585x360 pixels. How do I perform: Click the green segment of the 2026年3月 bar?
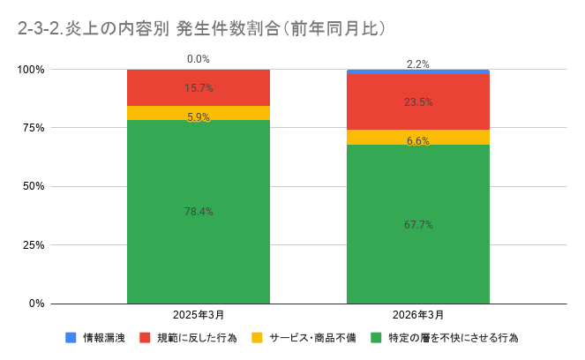(417, 256)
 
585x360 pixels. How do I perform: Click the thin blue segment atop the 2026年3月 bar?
(417, 71)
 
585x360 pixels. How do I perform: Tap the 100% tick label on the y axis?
(32, 70)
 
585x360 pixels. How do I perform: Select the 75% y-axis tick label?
(34, 128)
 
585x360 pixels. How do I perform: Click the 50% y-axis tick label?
(34, 186)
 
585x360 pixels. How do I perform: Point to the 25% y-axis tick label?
(34, 244)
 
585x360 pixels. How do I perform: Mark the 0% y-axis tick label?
(38, 304)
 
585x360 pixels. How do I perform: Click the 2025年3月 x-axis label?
(198, 315)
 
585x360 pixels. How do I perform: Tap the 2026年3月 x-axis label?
(417, 315)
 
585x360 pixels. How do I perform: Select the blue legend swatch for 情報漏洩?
(71, 338)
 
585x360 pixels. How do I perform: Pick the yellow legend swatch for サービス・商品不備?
(257, 338)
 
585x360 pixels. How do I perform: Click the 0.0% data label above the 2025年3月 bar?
(198, 59)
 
